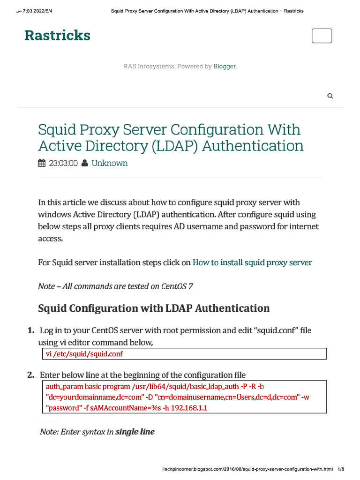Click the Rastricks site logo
coord(57,36)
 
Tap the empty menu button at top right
coord(322,36)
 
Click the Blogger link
coord(225,67)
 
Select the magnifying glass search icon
coord(330,96)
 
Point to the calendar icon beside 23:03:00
coord(42,163)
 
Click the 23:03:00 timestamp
coord(63,163)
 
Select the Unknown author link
coord(109,163)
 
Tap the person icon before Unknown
coord(84,163)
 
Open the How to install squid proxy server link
coord(252,262)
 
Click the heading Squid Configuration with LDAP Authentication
coord(154,308)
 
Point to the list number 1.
coord(30,330)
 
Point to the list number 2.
coord(30,375)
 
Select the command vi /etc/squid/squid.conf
coord(84,354)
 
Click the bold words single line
coord(135,432)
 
